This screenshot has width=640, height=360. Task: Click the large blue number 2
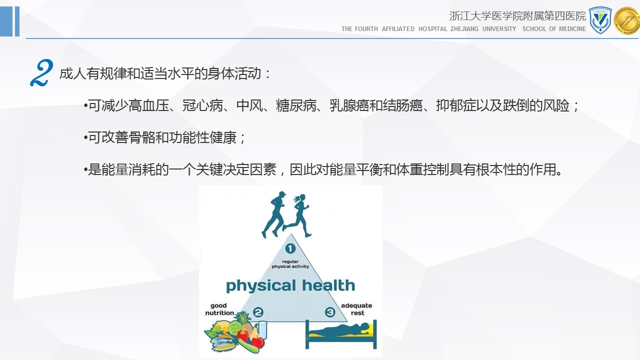[x=41, y=73]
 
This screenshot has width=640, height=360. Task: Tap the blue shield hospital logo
[x=600, y=20]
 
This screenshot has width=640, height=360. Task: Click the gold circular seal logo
[x=627, y=20]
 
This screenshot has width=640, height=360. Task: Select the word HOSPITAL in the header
[x=432, y=29]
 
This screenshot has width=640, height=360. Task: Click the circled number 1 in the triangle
[x=290, y=248]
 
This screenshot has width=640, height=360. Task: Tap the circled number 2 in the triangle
[x=258, y=312]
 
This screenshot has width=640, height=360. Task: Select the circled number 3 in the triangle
[x=330, y=312]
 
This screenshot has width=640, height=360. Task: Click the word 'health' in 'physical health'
[x=328, y=285]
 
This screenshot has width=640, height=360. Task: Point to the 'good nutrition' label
[x=219, y=309]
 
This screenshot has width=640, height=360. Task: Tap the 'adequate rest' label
[x=356, y=309]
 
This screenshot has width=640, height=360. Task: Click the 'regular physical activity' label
[x=290, y=264]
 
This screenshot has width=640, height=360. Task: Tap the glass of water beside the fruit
[x=262, y=329]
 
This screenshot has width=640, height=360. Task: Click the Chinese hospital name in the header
[x=517, y=16]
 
